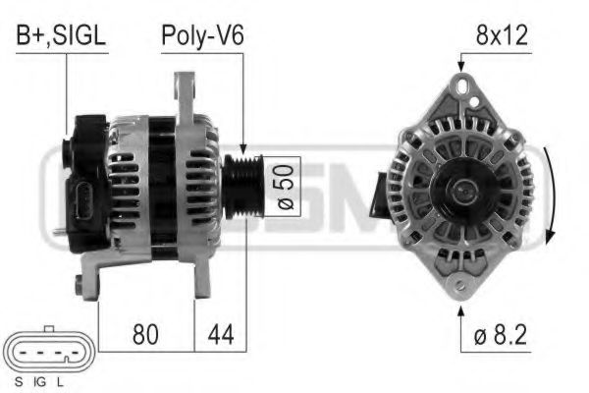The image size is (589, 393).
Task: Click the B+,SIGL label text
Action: [61, 36]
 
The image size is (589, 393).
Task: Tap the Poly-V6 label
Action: [202, 37]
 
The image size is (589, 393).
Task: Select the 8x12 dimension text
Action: [502, 35]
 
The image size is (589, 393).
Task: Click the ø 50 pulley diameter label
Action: [286, 187]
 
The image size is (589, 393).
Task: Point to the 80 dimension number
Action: [145, 334]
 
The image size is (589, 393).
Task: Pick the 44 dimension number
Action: [221, 334]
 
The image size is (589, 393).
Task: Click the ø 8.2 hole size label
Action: [501, 334]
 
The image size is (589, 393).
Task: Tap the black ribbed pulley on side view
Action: [243, 187]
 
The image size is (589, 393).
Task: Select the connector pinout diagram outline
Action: [48, 350]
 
